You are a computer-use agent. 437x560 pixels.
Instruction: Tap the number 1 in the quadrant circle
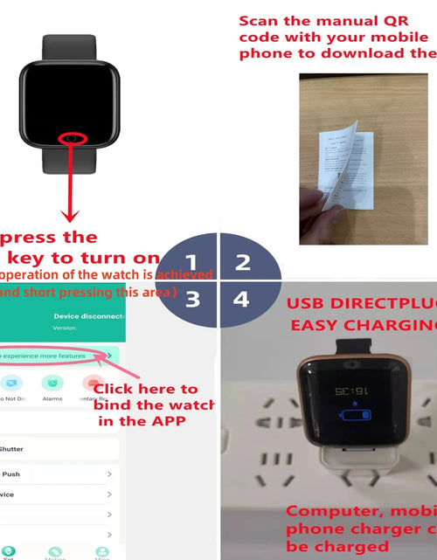191,260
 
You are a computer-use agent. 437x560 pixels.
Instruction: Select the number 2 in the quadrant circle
243,261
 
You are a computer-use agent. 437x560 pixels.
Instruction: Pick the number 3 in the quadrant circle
192,299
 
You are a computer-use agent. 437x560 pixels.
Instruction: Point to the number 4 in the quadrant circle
241,299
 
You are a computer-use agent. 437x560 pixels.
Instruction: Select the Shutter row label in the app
11,448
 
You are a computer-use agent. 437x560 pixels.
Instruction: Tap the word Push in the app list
11,474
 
